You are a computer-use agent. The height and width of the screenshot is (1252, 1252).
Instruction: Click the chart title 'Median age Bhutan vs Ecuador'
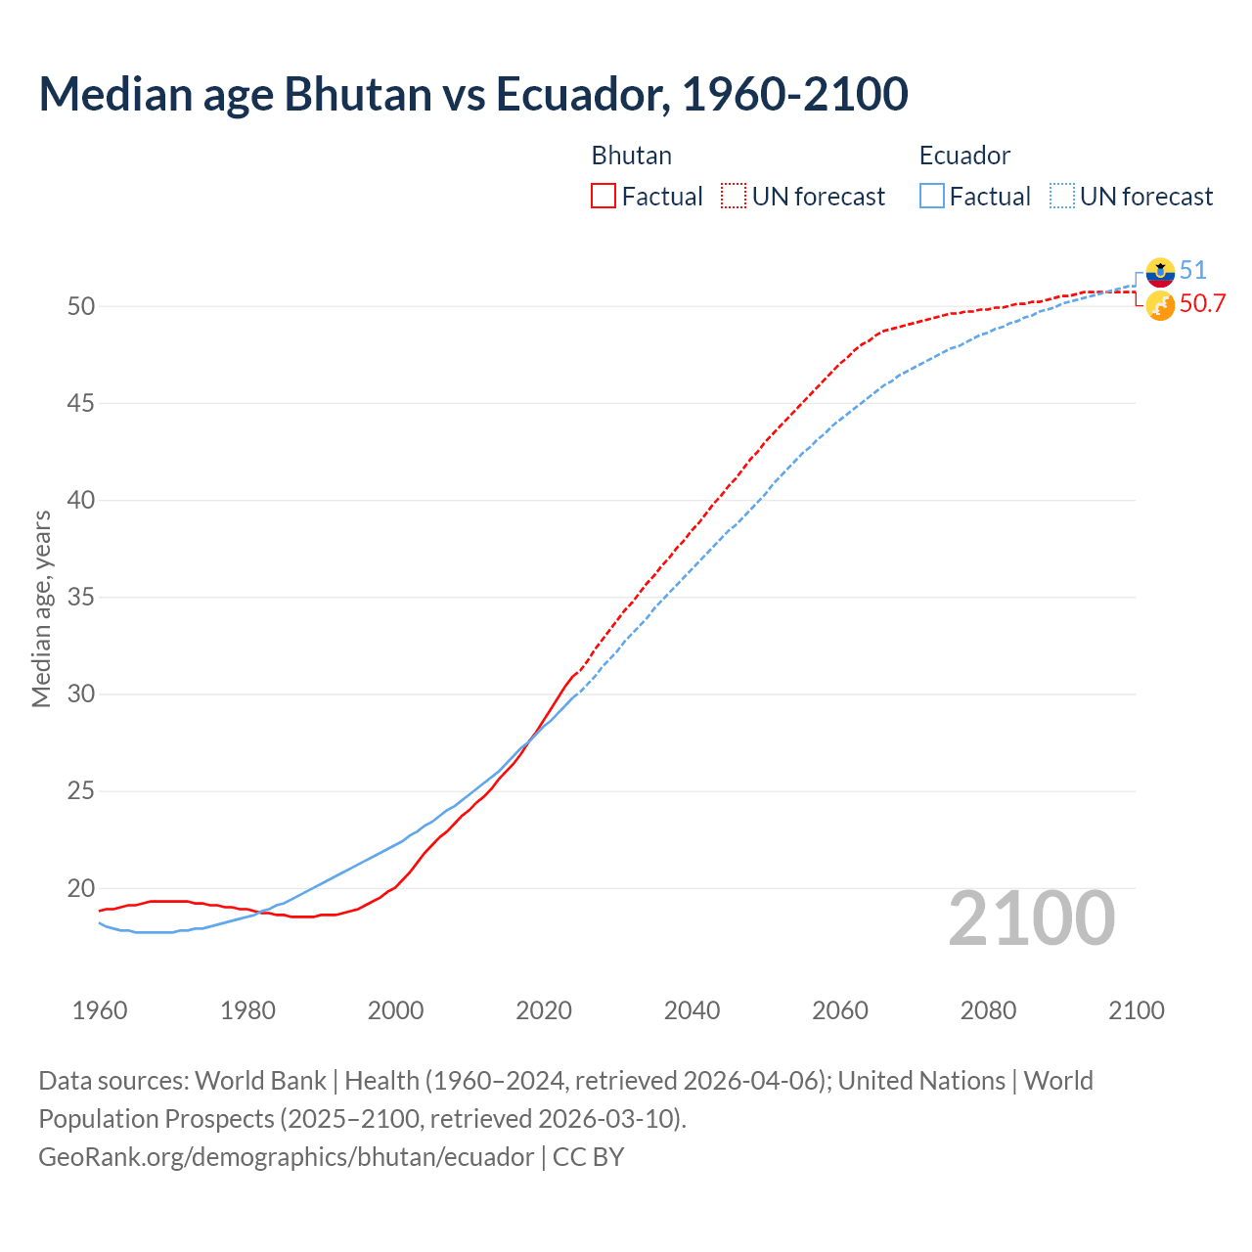[473, 94]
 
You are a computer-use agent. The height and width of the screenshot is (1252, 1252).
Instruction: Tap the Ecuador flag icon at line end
[1160, 272]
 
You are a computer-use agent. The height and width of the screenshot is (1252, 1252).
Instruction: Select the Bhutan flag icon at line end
[1160, 305]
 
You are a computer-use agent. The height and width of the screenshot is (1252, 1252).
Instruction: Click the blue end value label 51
[1193, 271]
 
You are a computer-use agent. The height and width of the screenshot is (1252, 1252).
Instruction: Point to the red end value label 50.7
[1202, 304]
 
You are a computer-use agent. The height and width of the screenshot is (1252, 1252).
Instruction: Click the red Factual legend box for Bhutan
[604, 197]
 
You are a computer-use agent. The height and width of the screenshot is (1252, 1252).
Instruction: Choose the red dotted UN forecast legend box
[734, 197]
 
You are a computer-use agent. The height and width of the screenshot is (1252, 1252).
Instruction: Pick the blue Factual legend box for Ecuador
[932, 197]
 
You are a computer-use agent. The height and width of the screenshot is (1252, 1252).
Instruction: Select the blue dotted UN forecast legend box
[1062, 197]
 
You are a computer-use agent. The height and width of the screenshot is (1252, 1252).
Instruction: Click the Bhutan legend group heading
[632, 156]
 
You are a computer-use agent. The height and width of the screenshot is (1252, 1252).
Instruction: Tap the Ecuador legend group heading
[964, 156]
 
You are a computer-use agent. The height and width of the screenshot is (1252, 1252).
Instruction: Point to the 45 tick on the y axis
[81, 403]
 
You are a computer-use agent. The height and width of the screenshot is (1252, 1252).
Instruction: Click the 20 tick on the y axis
[81, 888]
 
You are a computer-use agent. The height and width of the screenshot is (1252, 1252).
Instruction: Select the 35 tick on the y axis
[81, 597]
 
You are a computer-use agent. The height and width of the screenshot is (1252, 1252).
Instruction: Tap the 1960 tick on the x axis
[100, 1010]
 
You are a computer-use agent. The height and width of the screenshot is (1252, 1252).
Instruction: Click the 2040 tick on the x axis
[692, 1010]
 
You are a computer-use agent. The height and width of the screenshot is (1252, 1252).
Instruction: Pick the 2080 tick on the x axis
[988, 1010]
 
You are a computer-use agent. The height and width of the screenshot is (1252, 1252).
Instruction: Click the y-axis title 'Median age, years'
[42, 608]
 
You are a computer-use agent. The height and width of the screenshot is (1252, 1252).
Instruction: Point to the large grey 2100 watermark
[1032, 917]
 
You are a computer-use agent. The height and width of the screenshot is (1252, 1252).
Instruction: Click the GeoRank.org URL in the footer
[287, 1157]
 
